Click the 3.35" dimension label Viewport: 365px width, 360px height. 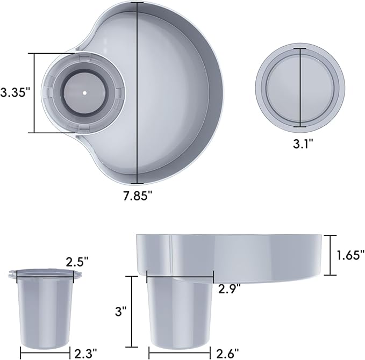16,92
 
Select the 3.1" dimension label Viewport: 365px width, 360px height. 303,143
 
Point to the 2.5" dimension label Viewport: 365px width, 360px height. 77,262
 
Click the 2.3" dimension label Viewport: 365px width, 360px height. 85,353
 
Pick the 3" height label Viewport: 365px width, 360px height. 121,311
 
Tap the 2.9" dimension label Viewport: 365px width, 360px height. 230,289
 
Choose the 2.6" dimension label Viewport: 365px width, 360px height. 228,353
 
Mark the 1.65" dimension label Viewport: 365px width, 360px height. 350,255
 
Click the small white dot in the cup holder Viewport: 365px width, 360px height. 84,93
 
